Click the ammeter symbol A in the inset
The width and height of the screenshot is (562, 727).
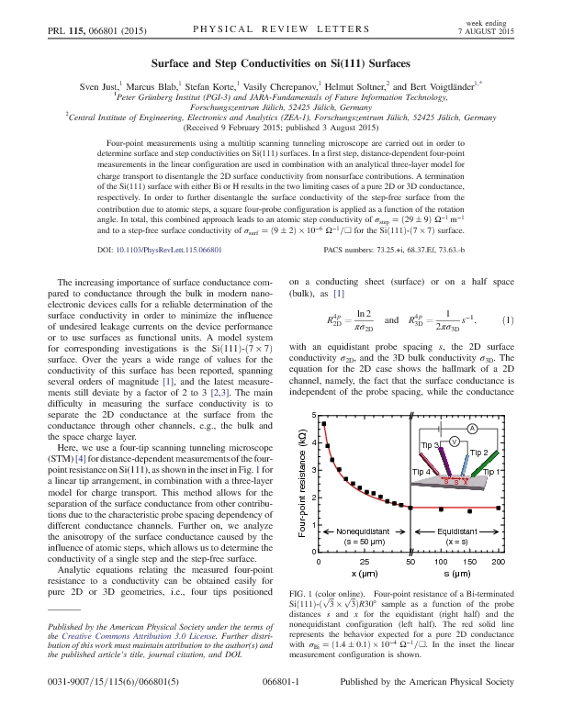472,430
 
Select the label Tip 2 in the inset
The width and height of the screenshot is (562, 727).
478,453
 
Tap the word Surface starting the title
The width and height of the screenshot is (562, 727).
171,64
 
